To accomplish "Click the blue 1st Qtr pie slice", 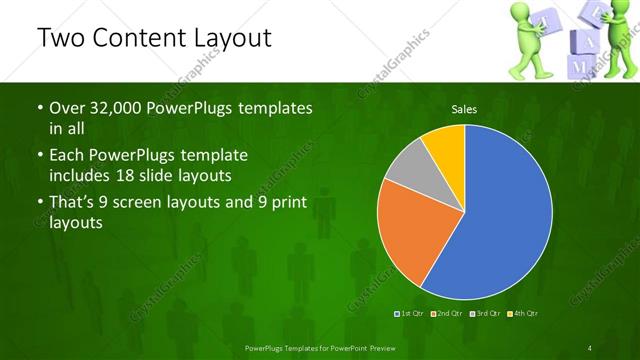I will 510,215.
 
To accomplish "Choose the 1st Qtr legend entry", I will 410,314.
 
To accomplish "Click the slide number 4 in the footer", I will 590,348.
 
